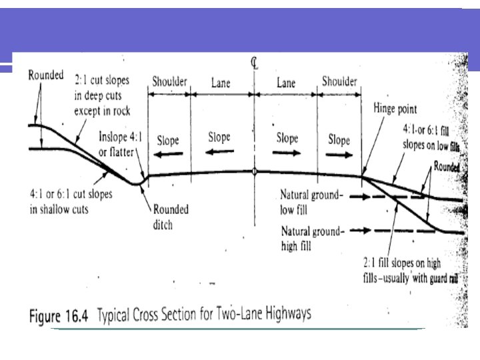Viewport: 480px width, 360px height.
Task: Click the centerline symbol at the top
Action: pos(254,63)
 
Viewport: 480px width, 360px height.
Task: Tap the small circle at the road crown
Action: pos(254,171)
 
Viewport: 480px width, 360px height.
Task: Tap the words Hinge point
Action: pos(395,109)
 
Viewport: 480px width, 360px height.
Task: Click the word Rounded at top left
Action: pos(45,75)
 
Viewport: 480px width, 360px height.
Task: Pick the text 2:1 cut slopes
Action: pos(102,79)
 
